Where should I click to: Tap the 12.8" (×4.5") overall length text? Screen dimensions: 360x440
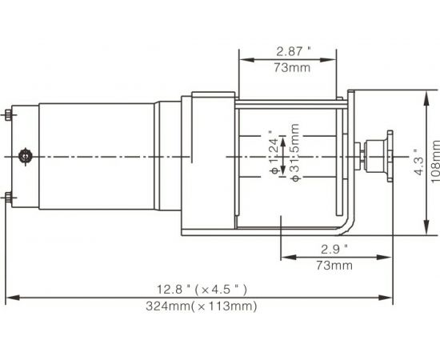coord(194,288)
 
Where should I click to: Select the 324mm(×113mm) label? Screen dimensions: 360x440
coord(201,306)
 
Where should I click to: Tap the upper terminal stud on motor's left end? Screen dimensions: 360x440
coord(8,114)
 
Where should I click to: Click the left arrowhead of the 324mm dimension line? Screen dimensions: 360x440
coord(10,298)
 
